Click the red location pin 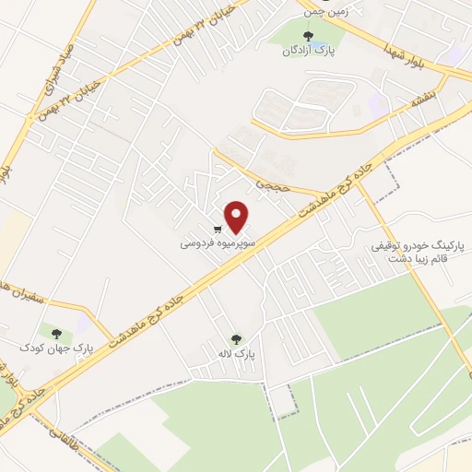pos(238,218)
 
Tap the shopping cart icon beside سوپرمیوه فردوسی pos(218,230)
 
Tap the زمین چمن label pos(324,13)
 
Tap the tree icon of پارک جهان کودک pos(57,333)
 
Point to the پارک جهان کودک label pos(57,348)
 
